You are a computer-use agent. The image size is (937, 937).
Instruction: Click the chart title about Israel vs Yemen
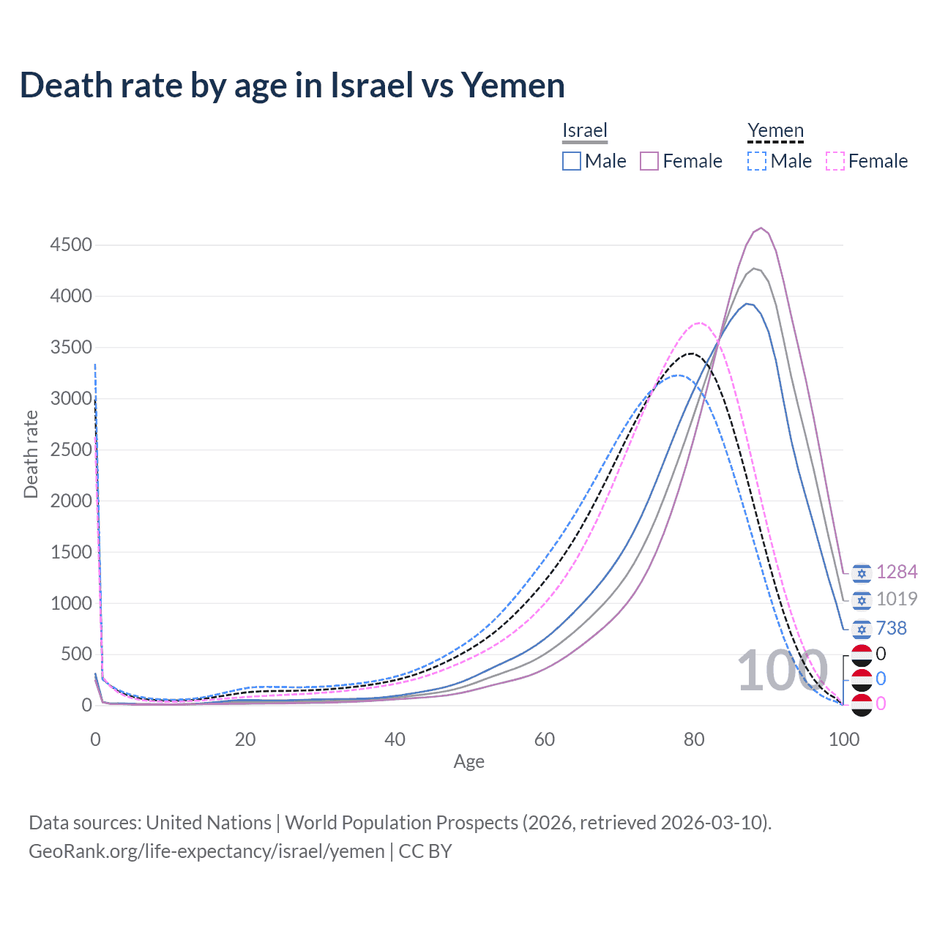click(292, 86)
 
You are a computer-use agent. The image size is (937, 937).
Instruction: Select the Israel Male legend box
click(572, 161)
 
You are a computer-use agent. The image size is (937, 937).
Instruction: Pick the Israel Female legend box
click(649, 161)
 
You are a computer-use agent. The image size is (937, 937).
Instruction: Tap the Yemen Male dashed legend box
click(757, 161)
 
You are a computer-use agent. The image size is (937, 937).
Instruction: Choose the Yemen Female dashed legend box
click(835, 161)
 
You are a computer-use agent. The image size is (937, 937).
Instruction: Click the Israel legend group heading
click(585, 130)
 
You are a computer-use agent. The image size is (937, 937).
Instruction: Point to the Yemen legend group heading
click(775, 130)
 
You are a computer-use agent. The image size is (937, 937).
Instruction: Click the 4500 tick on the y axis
click(71, 244)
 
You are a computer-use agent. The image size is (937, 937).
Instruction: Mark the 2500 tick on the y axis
click(71, 449)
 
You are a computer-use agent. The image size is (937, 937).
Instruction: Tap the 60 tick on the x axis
click(545, 739)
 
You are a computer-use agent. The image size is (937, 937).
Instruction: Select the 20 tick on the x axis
click(245, 739)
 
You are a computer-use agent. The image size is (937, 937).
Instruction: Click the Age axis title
click(469, 762)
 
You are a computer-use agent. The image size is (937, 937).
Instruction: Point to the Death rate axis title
click(31, 455)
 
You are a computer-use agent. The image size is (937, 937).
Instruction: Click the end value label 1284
click(897, 572)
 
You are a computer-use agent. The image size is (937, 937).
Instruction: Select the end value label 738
click(891, 628)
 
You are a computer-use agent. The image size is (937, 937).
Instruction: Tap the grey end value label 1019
click(897, 600)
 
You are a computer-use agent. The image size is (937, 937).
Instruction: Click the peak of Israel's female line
click(761, 228)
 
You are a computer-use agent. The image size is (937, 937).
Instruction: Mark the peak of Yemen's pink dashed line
click(700, 323)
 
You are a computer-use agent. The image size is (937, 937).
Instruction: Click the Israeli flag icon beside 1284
click(862, 572)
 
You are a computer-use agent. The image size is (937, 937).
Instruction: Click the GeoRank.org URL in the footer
click(206, 851)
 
